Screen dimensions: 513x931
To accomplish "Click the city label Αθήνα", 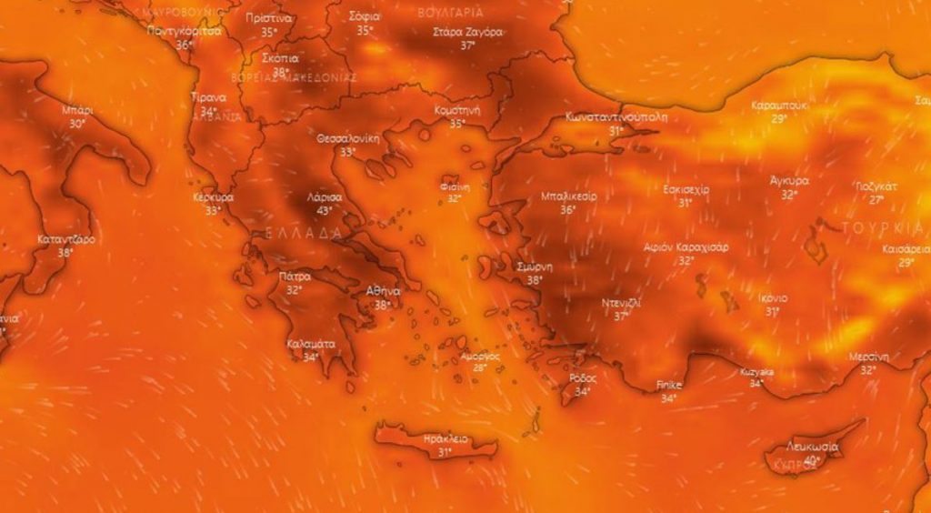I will [x=383, y=290].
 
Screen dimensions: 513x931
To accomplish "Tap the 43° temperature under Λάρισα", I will [x=323, y=211].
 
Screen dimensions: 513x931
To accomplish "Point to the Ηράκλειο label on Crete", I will [x=445, y=438].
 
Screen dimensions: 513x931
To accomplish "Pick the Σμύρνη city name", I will [x=535, y=267].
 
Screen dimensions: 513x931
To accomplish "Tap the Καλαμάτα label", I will [x=311, y=344].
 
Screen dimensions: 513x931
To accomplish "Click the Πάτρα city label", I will [x=295, y=277].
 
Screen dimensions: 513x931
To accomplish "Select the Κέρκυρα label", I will [x=214, y=196].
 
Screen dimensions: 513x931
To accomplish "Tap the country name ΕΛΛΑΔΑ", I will [x=304, y=234].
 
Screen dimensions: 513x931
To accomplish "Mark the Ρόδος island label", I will [x=583, y=378].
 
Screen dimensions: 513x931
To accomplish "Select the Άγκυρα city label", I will [x=788, y=180].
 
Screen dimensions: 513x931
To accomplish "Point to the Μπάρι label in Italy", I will [x=77, y=110].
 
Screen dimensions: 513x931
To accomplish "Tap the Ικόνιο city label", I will [x=772, y=298].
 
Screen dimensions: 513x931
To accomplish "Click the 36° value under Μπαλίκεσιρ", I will [x=568, y=210].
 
